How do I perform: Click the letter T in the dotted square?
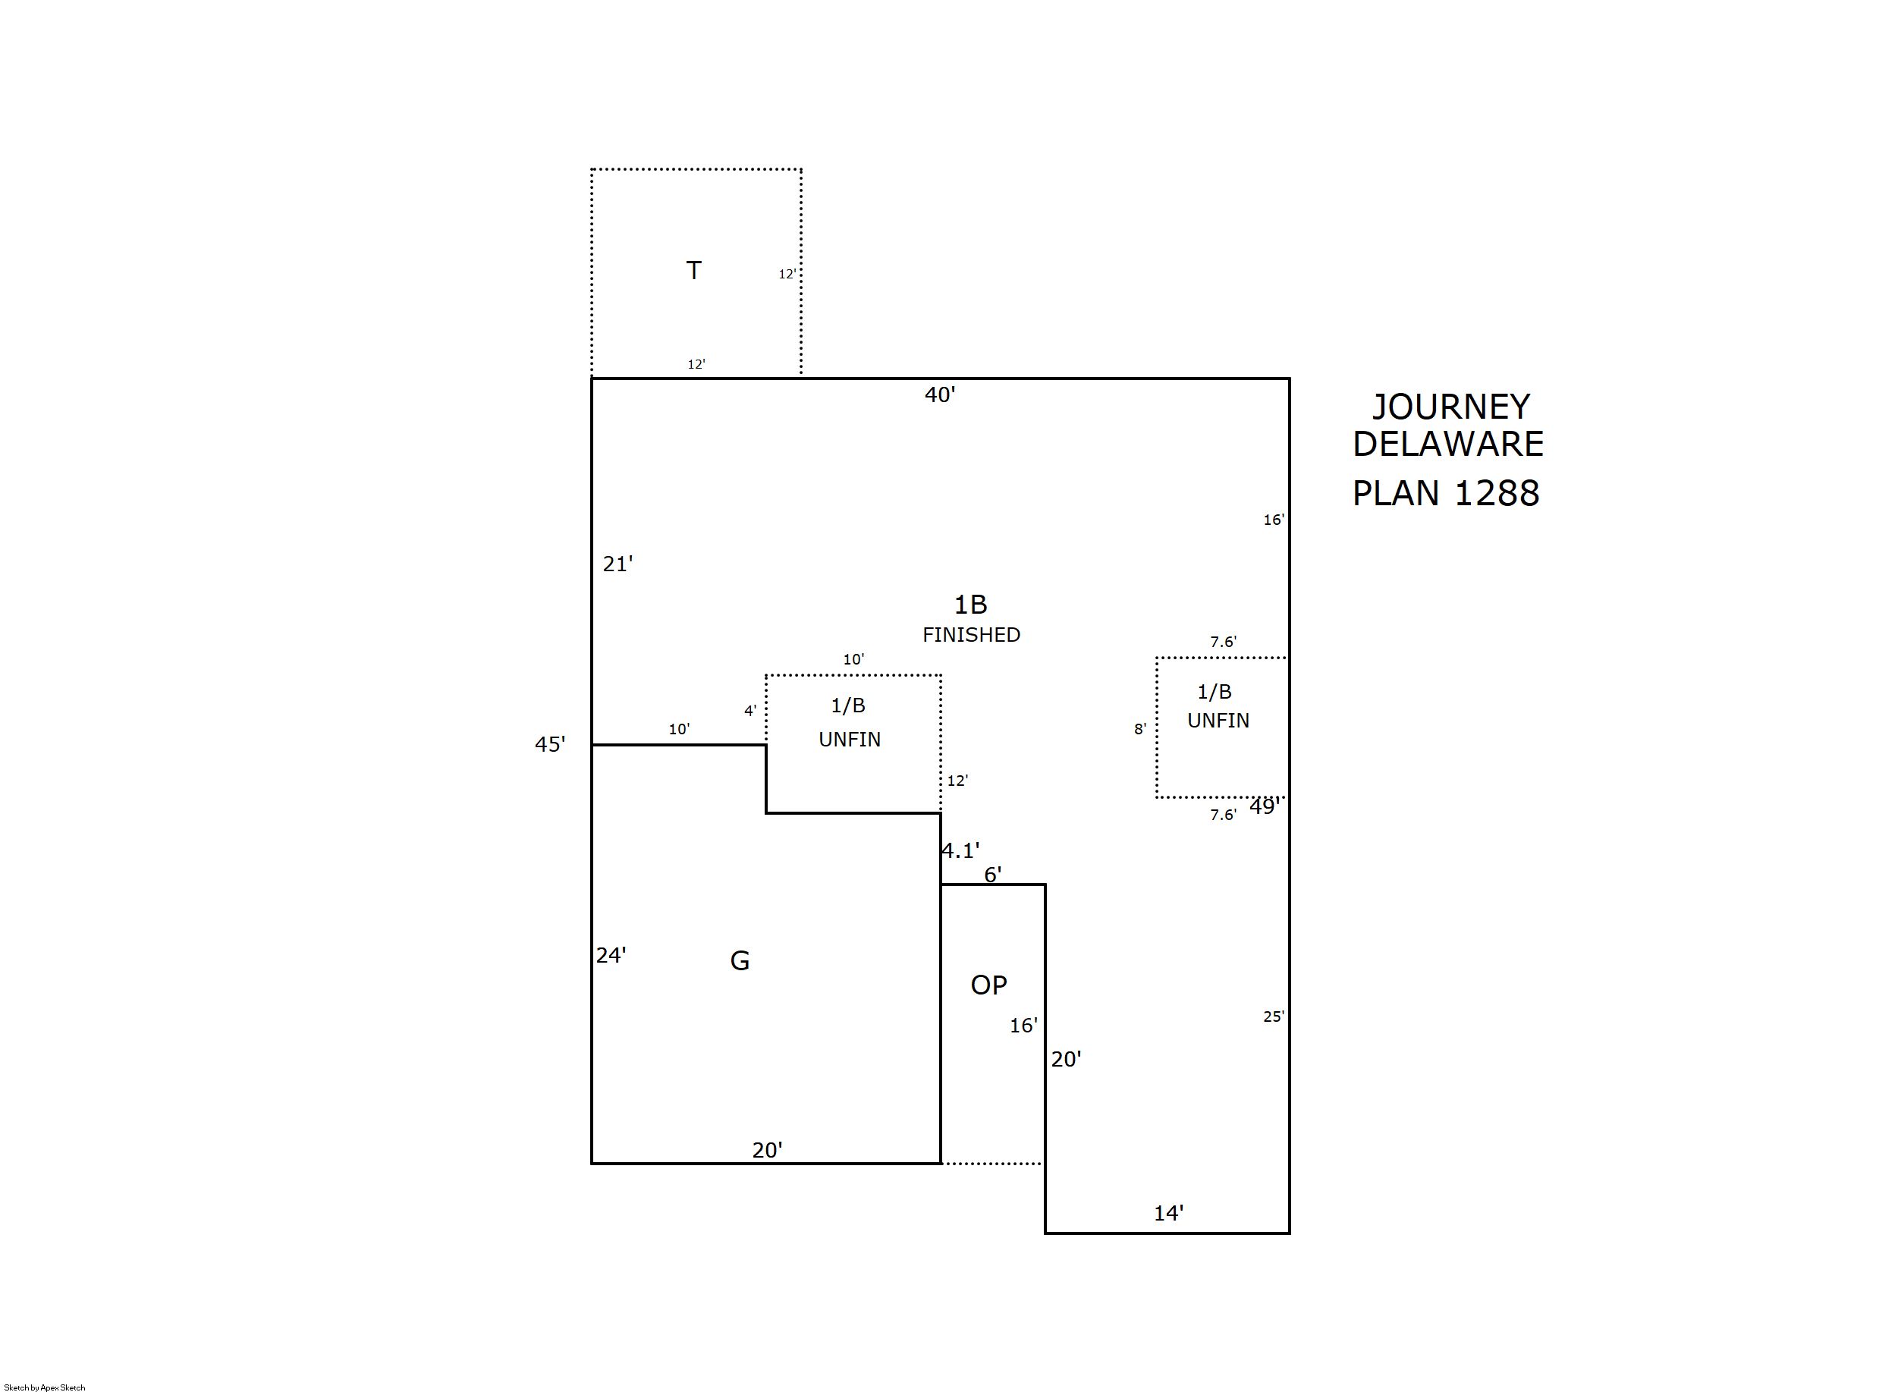(x=693, y=271)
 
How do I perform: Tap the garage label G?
(x=739, y=960)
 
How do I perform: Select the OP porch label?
(x=988, y=985)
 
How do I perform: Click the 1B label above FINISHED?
(x=969, y=604)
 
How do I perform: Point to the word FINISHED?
(x=970, y=634)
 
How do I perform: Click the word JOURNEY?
(x=1450, y=408)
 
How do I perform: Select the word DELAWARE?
(x=1447, y=444)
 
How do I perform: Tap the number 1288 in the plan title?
(x=1496, y=494)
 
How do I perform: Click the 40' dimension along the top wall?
(x=939, y=394)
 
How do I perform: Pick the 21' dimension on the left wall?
(x=617, y=564)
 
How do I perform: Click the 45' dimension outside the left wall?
(x=550, y=744)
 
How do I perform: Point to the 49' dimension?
(x=1265, y=806)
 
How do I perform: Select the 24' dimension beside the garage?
(x=611, y=956)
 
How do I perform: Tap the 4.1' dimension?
(x=960, y=851)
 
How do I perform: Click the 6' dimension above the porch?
(x=992, y=875)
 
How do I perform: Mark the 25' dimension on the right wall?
(x=1273, y=1017)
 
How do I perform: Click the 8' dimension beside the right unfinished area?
(x=1140, y=729)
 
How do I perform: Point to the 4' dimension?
(x=749, y=711)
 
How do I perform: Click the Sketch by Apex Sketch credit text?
(x=45, y=1387)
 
